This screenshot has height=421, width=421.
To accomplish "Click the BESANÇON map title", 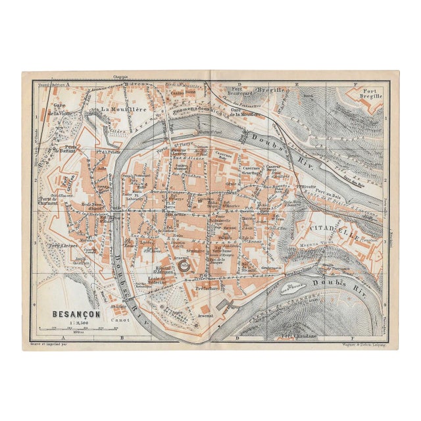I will click(76, 314).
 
